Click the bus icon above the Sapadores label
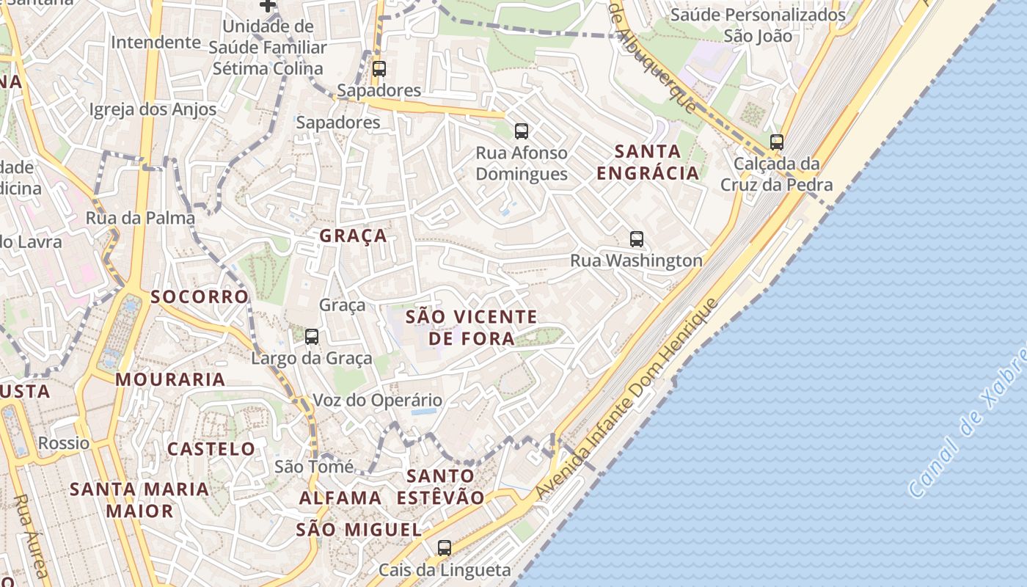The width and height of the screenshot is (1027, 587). click(379, 69)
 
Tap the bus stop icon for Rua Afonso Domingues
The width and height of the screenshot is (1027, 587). click(522, 131)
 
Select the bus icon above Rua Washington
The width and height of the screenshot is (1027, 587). click(637, 238)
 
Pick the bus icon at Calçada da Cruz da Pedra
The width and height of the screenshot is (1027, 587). click(777, 142)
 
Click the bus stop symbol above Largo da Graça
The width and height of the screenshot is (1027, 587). click(312, 337)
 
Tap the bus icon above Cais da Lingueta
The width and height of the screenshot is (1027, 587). click(444, 547)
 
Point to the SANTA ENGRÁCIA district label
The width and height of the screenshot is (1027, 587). click(648, 162)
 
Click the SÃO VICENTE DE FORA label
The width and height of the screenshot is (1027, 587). click(472, 327)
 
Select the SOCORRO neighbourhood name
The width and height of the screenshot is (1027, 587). click(200, 296)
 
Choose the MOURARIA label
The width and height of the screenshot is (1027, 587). click(170, 379)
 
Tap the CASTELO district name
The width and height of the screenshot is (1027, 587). click(211, 448)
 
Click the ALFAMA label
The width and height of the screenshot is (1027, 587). click(340, 497)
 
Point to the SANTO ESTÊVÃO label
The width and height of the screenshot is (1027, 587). click(441, 486)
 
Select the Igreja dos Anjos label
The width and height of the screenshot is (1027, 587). click(153, 110)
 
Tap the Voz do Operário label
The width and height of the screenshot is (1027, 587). click(378, 400)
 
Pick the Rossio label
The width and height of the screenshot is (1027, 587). click(64, 443)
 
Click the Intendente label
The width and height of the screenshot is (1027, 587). click(156, 42)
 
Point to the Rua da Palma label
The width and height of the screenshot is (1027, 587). click(140, 218)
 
